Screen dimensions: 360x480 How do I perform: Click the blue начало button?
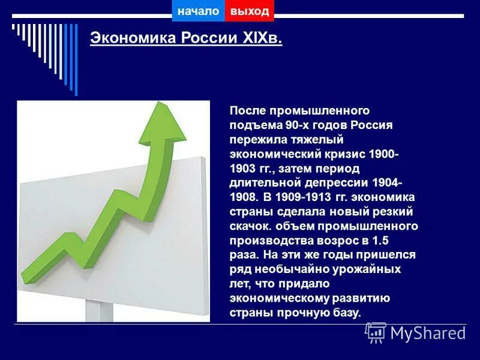[x=198, y=11]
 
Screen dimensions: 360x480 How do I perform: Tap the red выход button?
[x=249, y=11]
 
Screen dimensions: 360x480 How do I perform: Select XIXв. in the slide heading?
[x=262, y=39]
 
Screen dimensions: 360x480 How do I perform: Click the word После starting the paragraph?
[x=247, y=111]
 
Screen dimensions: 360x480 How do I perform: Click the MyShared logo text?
[x=428, y=333]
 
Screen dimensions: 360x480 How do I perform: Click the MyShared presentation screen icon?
[x=376, y=332]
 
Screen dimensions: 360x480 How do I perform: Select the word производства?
[x=266, y=241]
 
